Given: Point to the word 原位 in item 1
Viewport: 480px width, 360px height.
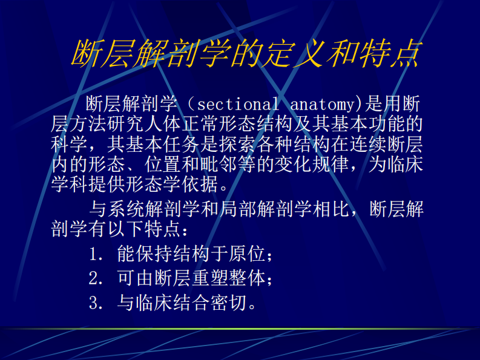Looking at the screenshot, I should click(249, 255).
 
